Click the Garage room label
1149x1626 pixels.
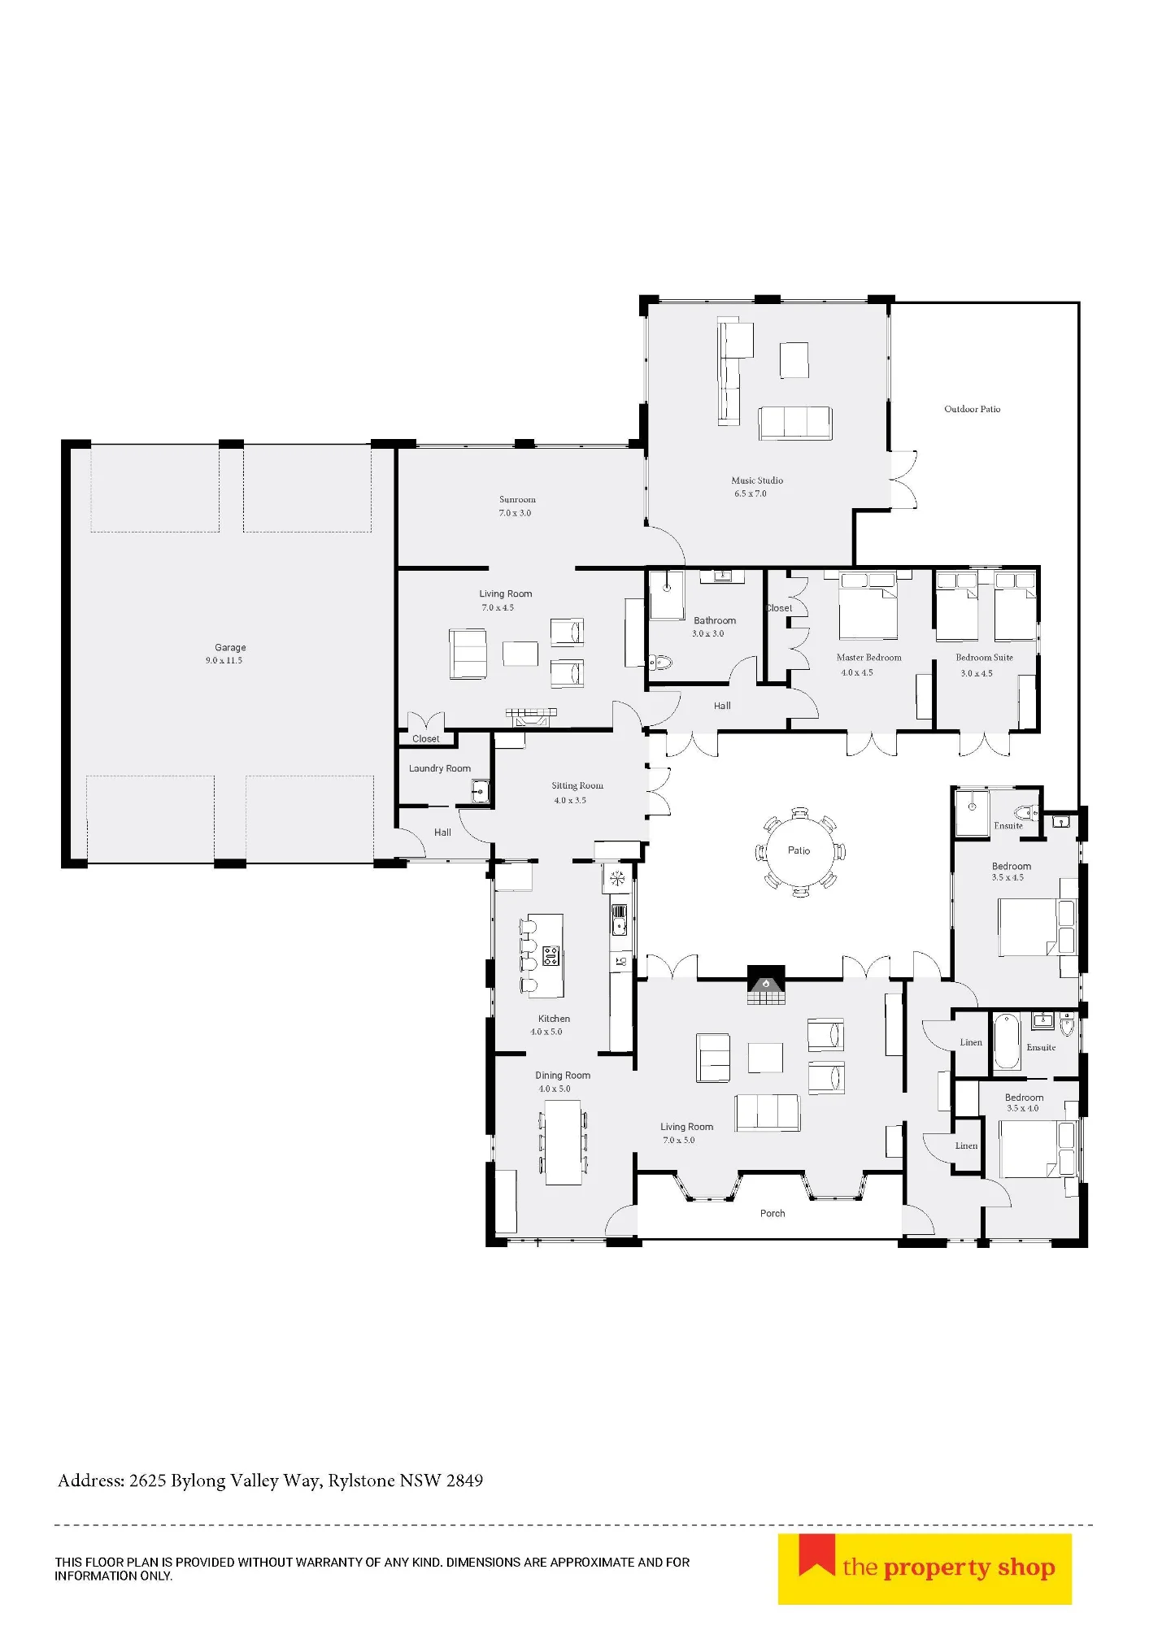click(230, 647)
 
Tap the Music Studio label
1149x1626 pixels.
click(757, 480)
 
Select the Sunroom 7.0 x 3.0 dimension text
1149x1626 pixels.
click(515, 513)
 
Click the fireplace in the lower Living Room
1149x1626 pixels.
click(766, 985)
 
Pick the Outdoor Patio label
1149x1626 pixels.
click(973, 409)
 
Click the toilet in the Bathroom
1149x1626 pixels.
click(660, 663)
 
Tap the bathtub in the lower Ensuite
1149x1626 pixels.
click(1007, 1041)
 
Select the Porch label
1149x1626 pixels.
click(773, 1214)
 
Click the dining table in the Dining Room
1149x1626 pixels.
click(564, 1142)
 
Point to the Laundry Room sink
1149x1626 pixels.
click(481, 789)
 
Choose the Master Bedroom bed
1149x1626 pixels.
click(868, 606)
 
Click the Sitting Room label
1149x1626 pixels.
click(577, 785)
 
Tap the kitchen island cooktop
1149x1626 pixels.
click(551, 956)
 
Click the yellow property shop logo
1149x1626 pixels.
click(925, 1569)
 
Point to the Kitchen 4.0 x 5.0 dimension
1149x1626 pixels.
click(546, 1032)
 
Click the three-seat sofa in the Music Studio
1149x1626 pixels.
click(795, 423)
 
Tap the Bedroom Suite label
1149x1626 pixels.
click(984, 658)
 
